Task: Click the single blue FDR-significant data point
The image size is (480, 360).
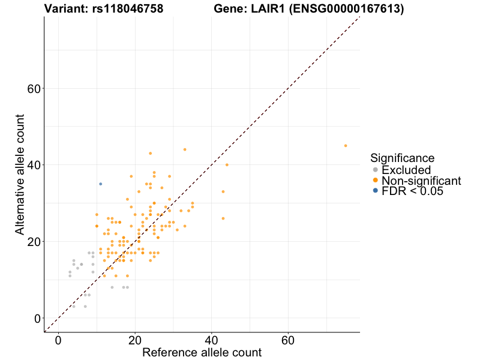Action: tap(100, 184)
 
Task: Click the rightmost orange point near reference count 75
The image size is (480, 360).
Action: tap(346, 145)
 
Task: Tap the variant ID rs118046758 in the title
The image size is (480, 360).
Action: tap(128, 9)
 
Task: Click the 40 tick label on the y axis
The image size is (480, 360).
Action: tap(34, 165)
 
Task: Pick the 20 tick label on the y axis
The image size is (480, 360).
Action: tap(34, 241)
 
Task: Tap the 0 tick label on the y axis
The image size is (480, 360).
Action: tap(37, 318)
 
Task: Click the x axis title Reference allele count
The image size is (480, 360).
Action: tap(202, 353)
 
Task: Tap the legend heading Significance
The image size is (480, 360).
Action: tap(403, 158)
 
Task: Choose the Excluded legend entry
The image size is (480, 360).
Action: tap(406, 170)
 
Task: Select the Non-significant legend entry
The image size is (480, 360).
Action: tap(421, 181)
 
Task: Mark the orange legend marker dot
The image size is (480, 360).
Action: tap(376, 181)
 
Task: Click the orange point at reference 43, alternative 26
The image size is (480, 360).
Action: tap(223, 218)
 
